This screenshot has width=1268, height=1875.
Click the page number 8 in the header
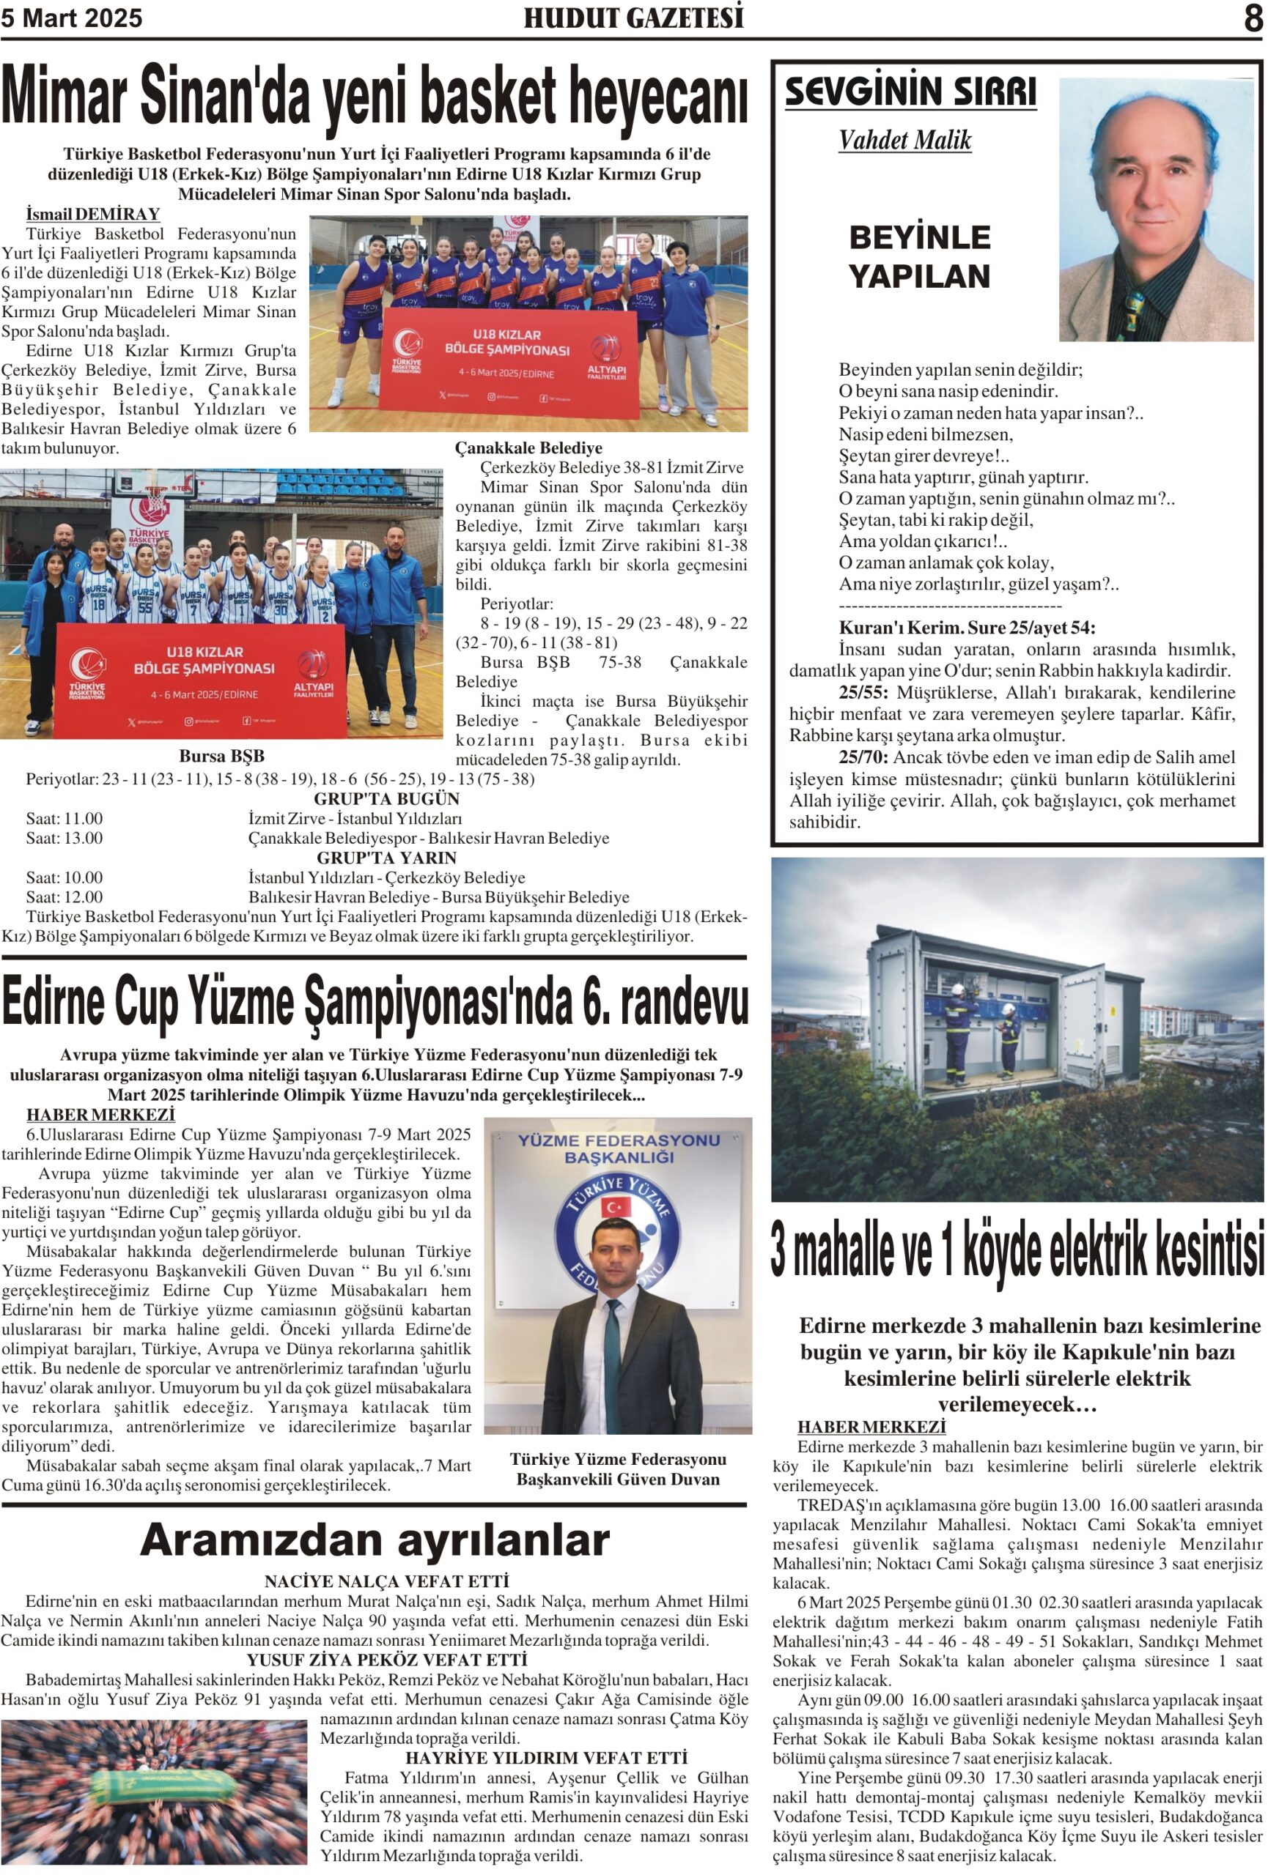1252,18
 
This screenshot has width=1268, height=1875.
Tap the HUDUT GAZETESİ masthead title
633,18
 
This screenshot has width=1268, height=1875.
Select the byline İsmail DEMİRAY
93,214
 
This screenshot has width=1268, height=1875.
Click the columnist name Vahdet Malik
904,141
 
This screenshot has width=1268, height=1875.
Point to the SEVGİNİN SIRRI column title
910,91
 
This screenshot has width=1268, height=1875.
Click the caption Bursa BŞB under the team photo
221,756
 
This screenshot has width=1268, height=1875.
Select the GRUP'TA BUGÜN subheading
386,799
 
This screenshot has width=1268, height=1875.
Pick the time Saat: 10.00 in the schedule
64,877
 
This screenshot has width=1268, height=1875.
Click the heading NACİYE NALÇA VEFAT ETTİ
386,1581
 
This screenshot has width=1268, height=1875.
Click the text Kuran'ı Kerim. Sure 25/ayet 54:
966,628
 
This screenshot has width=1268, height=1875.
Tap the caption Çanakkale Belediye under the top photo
528,448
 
